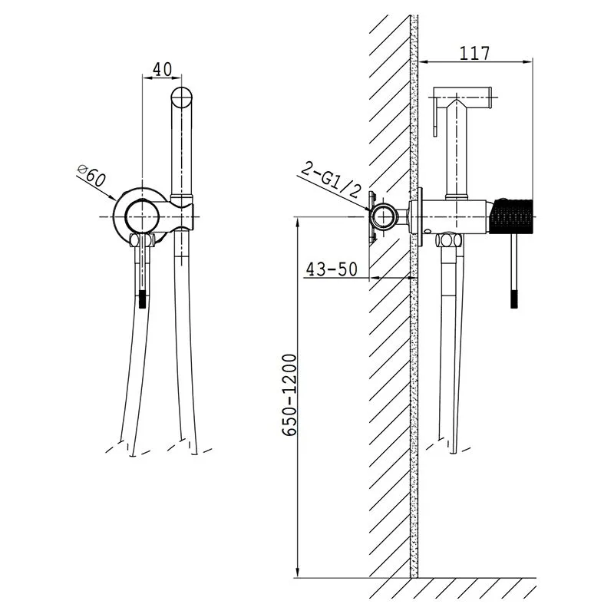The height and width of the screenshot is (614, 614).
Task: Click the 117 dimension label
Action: [x=474, y=53]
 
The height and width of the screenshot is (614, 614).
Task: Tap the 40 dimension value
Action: [x=162, y=69]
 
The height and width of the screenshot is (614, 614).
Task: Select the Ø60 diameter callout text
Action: [x=92, y=176]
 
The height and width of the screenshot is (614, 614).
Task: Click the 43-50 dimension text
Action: [x=332, y=269]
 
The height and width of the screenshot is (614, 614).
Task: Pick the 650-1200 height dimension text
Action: [x=289, y=395]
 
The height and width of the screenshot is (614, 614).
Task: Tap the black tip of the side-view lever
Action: [x=515, y=299]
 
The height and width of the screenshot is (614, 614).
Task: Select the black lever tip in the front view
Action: [x=143, y=299]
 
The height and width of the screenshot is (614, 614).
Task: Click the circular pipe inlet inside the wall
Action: [x=384, y=216]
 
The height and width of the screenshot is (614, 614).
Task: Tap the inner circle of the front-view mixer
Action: [x=140, y=216]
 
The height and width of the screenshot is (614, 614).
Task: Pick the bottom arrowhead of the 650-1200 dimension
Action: [x=298, y=572]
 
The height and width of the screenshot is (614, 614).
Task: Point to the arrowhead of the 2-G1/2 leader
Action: [x=367, y=209]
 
